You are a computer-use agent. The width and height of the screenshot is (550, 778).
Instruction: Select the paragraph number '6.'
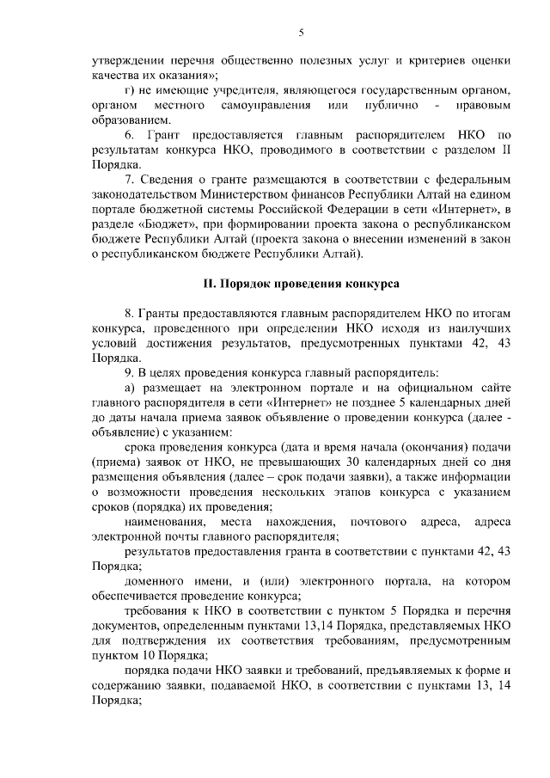[131, 135]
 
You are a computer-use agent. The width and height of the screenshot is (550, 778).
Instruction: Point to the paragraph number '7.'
[131, 180]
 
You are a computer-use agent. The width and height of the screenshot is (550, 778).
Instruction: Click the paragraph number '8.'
[131, 314]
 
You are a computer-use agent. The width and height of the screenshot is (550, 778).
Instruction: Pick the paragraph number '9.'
[131, 372]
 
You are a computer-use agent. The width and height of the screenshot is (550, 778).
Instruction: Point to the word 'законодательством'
[145, 194]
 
